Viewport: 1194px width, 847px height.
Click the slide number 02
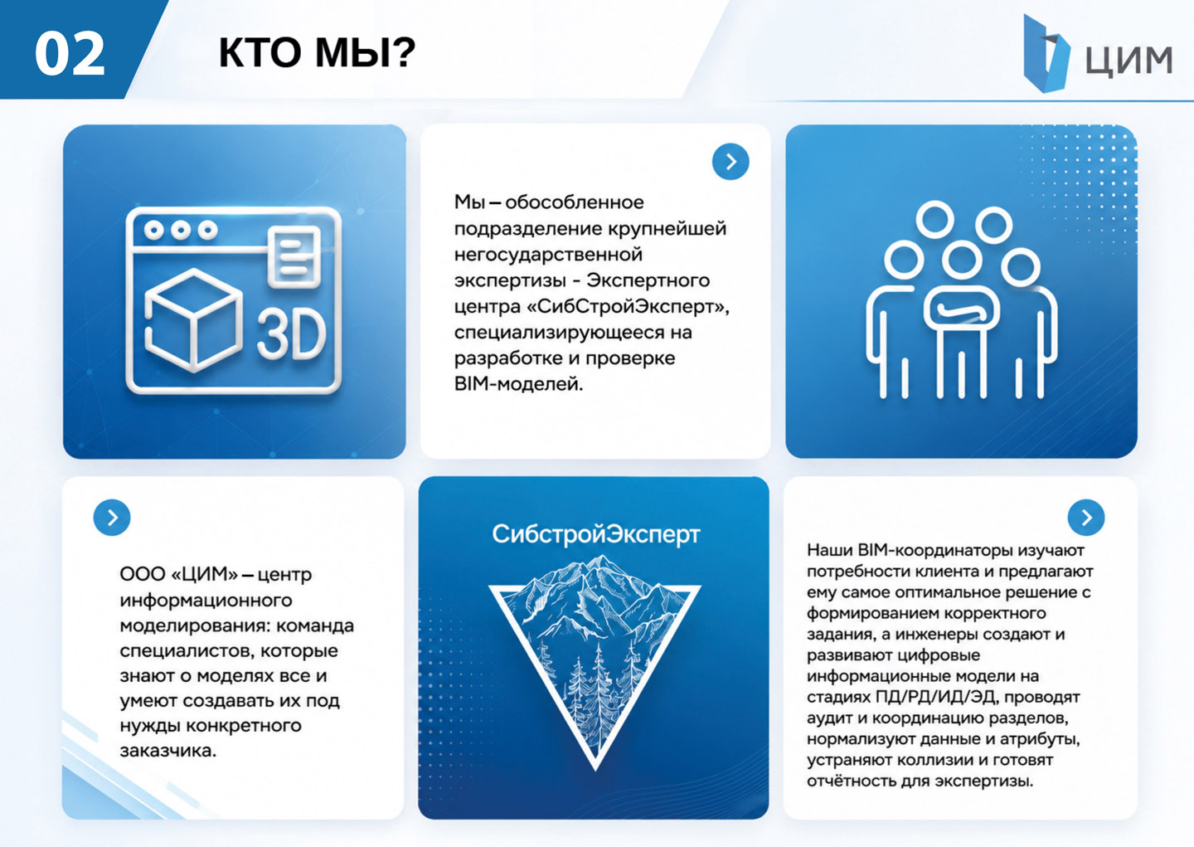pyautogui.click(x=70, y=53)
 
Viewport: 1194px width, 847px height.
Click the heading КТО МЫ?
pyautogui.click(x=317, y=53)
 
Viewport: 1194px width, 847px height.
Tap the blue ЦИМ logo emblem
pyautogui.click(x=1046, y=53)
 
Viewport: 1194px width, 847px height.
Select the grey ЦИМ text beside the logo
pyautogui.click(x=1129, y=60)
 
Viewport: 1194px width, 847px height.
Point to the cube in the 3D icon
pyautogui.click(x=193, y=320)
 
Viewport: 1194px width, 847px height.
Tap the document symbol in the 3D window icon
pyautogui.click(x=294, y=256)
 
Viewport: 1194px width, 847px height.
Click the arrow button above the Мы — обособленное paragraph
pyautogui.click(x=730, y=162)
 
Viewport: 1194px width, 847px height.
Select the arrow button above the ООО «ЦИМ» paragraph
pyautogui.click(x=112, y=518)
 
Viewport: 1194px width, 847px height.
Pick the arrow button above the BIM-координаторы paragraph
pyautogui.click(x=1086, y=518)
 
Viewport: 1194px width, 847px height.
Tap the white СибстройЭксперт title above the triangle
pyautogui.click(x=596, y=534)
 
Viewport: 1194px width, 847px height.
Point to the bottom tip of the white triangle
pyautogui.click(x=595, y=770)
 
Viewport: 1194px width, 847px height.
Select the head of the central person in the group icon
pyautogui.click(x=962, y=260)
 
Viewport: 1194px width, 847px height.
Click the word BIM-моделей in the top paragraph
pyautogui.click(x=519, y=384)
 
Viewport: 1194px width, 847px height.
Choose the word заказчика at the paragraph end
pyautogui.click(x=167, y=751)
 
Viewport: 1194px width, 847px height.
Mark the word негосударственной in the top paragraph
pyautogui.click(x=548, y=255)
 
